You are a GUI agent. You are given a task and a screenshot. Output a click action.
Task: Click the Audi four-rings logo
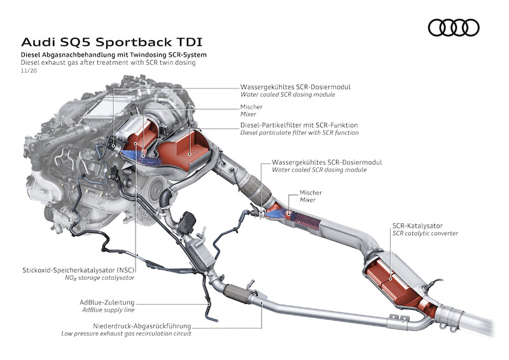453,27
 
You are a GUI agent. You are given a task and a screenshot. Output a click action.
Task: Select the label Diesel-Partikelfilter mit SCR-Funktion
299,124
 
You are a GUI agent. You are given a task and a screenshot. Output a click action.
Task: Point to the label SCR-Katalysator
418,225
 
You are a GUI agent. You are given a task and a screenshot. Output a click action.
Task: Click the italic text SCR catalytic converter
425,233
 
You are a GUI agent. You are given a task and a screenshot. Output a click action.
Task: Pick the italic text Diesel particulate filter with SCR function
299,132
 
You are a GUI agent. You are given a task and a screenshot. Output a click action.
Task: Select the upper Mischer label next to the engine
251,107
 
